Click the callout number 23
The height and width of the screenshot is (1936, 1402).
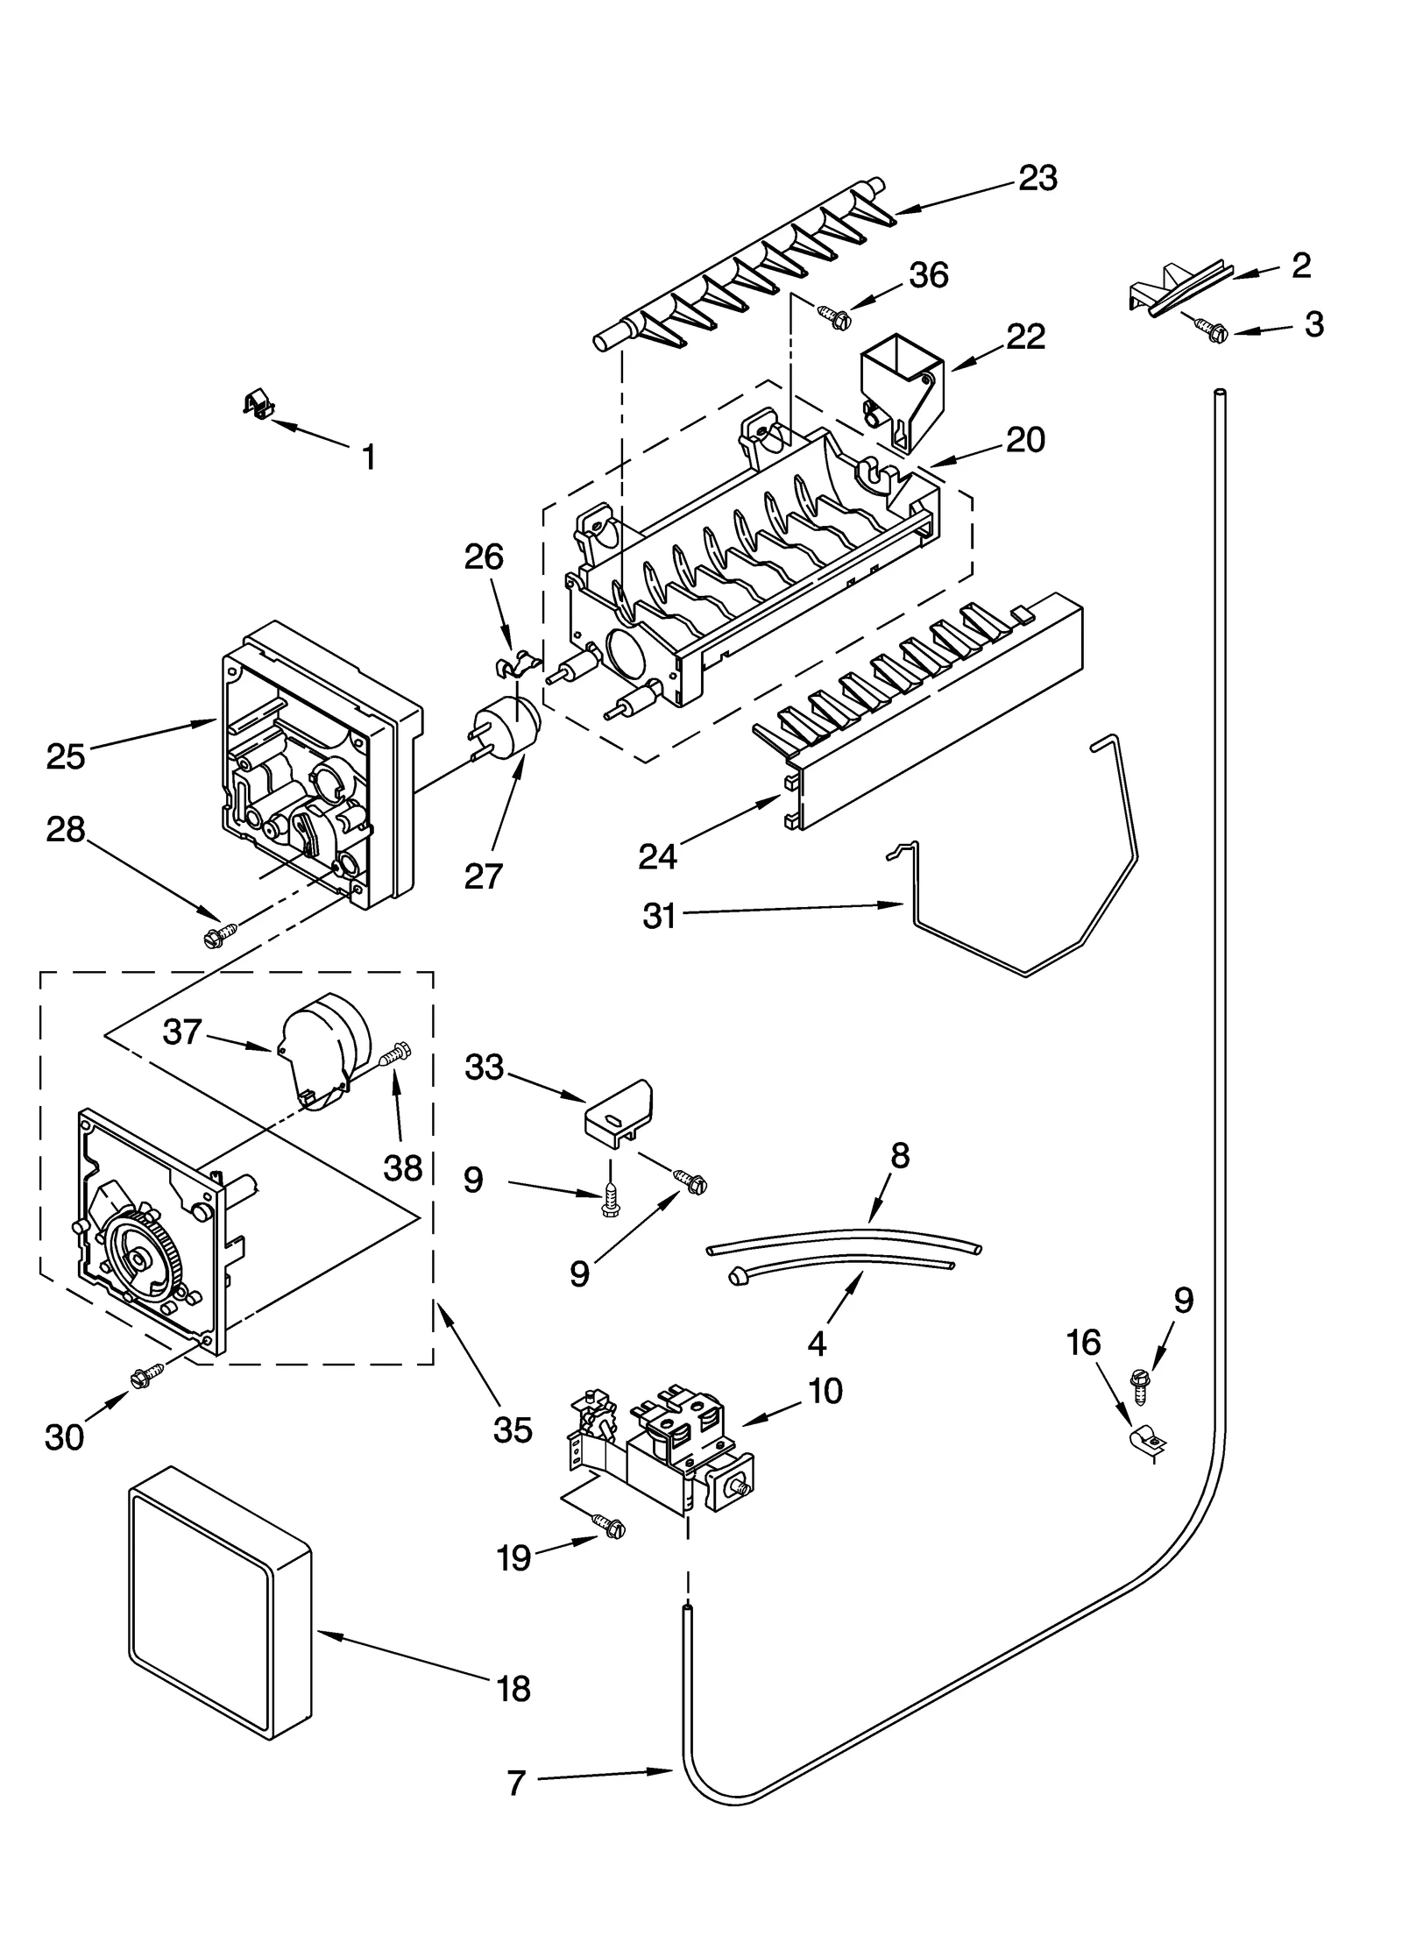tap(1037, 179)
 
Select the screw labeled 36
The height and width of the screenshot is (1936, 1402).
tap(832, 316)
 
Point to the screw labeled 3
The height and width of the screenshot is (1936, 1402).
tap(1213, 330)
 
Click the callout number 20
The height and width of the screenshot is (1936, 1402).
tap(1025, 440)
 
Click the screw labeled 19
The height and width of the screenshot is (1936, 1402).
tap(609, 1526)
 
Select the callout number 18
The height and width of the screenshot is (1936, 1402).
tap(513, 1689)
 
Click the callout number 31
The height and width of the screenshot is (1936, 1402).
tap(659, 917)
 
